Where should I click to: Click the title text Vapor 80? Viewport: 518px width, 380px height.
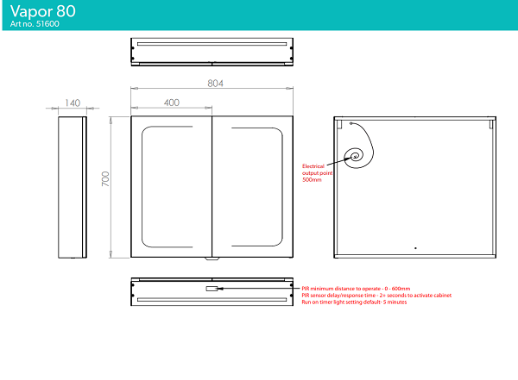point(43,11)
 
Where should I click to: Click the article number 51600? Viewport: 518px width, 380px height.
point(47,24)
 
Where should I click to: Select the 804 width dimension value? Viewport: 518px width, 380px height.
point(215,84)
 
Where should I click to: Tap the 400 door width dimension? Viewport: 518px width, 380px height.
point(172,103)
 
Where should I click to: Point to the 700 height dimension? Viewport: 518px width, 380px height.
point(105,178)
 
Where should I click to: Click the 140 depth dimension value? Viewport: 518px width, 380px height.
point(73,103)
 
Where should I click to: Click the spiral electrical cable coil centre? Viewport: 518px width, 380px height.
point(355,156)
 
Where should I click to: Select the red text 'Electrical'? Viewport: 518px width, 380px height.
point(313,166)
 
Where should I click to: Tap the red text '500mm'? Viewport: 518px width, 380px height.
point(312,180)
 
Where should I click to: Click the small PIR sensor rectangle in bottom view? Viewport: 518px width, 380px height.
point(212,289)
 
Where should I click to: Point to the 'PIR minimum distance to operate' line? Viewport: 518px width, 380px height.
point(356,289)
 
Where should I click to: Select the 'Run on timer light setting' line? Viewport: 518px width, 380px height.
point(354,302)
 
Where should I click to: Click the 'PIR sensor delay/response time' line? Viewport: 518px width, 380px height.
point(376,296)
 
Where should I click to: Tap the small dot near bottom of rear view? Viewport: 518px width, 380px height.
point(415,248)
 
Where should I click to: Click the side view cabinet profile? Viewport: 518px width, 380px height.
point(73,187)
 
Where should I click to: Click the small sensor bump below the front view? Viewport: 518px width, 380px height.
point(212,259)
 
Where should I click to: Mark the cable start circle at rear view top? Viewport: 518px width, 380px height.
point(351,123)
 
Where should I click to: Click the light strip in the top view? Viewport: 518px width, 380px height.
point(212,44)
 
